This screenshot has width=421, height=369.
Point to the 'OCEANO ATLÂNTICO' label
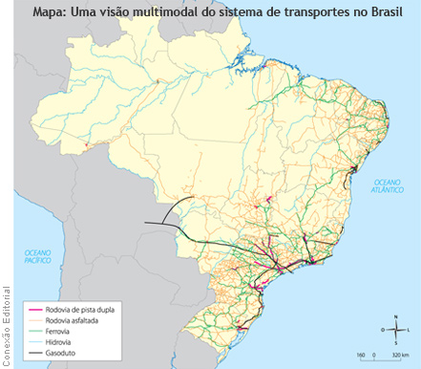[389, 185]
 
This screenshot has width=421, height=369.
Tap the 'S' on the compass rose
[396, 342]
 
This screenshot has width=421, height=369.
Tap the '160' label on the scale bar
[362, 356]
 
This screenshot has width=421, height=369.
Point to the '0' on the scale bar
[376, 356]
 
